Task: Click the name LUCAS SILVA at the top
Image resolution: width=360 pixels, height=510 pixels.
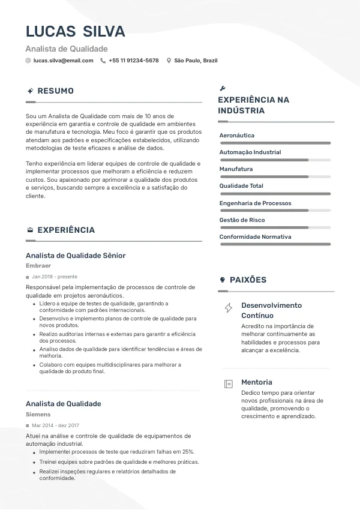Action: [x=76, y=31]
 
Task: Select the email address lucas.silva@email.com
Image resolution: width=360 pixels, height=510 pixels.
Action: [x=63, y=61]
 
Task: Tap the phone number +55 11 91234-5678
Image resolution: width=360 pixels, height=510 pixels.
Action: [x=133, y=61]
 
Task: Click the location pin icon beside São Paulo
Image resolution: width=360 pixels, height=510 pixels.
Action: [x=169, y=61]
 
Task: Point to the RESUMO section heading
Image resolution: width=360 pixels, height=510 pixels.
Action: [x=55, y=91]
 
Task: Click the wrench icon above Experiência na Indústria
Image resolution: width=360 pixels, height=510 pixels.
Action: [x=223, y=88]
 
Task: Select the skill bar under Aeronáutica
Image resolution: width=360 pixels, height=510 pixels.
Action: [x=275, y=143]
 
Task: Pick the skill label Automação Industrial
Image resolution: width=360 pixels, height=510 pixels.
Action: [x=250, y=152]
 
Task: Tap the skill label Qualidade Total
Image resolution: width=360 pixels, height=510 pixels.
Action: [x=241, y=186]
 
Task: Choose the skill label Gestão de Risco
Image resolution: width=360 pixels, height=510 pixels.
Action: [x=242, y=220]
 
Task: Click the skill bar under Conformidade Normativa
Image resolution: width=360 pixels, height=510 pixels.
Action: [x=275, y=244]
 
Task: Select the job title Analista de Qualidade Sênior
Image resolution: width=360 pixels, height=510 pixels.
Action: [x=76, y=256]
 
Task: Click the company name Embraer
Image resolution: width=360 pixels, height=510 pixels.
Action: [x=38, y=266]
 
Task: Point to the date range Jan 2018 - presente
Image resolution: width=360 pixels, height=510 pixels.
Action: [x=55, y=277]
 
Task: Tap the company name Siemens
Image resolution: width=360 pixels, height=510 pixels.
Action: [x=38, y=415]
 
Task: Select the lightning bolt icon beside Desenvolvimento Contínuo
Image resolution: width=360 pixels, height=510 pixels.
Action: [x=229, y=308]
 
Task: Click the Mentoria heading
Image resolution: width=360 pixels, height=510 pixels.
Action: [x=256, y=382]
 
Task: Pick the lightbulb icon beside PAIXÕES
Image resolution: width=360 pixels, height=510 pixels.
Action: [x=223, y=280]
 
